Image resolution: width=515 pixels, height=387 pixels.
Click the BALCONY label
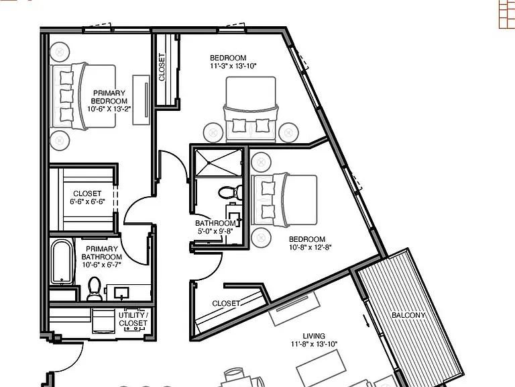click(x=408, y=315)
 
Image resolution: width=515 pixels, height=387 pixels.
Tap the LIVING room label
click(x=314, y=336)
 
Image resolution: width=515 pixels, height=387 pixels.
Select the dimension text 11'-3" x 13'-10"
click(x=233, y=66)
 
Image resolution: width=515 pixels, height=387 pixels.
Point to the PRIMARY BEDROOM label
click(x=109, y=97)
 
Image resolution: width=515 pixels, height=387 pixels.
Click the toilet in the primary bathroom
click(x=95, y=289)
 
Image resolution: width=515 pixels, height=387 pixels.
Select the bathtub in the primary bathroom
click(x=62, y=261)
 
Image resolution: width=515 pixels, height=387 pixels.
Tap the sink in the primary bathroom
click(x=121, y=292)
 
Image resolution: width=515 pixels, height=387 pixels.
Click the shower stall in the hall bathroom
click(x=219, y=163)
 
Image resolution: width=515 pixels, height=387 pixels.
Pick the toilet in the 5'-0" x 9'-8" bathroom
click(x=231, y=193)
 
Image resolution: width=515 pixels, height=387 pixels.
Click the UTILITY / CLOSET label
click(x=133, y=319)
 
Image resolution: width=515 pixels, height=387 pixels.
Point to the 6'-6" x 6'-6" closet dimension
click(x=87, y=202)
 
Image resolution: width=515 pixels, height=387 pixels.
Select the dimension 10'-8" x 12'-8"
click(x=310, y=247)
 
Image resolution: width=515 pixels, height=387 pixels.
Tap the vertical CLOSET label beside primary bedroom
click(x=162, y=67)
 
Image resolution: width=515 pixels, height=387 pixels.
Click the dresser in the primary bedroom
click(x=141, y=100)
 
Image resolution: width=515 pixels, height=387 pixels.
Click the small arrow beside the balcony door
click(x=366, y=321)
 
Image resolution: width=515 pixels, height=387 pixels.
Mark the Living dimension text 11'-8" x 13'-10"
click(x=314, y=344)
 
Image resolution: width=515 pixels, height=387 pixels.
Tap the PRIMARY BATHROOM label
click(x=102, y=253)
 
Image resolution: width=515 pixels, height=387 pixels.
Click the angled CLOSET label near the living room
click(x=226, y=303)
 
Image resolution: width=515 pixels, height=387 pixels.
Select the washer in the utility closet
click(x=104, y=322)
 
